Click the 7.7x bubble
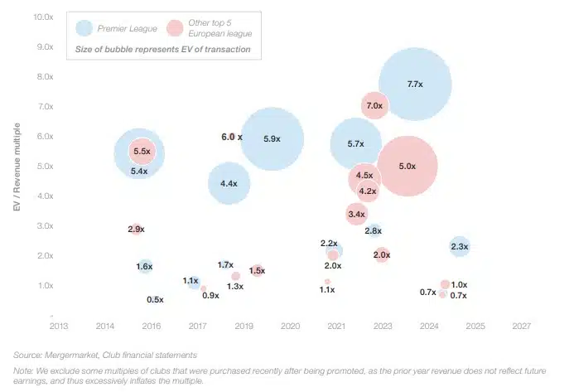[x=415, y=84]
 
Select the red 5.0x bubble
[x=407, y=167]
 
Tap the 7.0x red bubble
[x=374, y=106]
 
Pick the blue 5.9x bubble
[x=271, y=139]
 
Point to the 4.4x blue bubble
[x=229, y=184]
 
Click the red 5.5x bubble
[x=142, y=152]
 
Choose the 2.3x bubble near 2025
[x=460, y=246]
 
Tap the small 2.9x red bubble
[x=137, y=229]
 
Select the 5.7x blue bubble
[x=355, y=144]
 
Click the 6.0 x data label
[x=231, y=137]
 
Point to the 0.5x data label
[x=155, y=299]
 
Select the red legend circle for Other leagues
[x=176, y=28]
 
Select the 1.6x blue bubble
[x=145, y=266]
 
